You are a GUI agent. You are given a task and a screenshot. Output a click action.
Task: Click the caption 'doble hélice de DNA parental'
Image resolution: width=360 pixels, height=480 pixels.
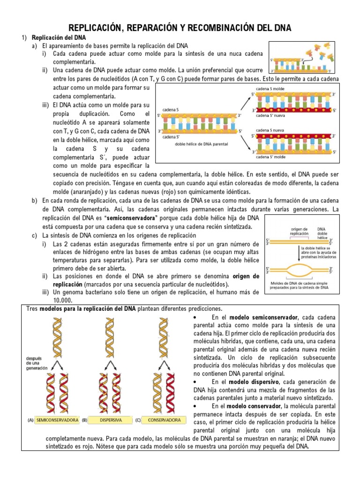(202, 144)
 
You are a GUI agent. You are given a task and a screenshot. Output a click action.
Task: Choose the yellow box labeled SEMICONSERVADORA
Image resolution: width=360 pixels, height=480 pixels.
(57, 420)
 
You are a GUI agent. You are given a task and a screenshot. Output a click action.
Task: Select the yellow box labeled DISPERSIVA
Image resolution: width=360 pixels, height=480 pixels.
(110, 420)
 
